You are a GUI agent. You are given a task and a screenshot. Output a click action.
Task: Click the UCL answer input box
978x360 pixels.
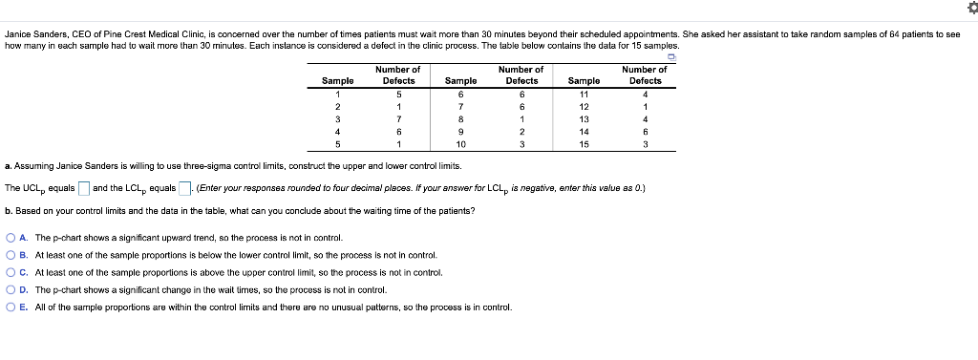click(x=83, y=186)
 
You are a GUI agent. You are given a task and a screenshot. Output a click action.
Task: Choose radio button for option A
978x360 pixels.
click(x=10, y=238)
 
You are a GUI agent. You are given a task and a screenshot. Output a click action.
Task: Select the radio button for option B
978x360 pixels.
click(x=10, y=255)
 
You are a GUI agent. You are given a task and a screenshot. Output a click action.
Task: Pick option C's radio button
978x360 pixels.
click(x=10, y=272)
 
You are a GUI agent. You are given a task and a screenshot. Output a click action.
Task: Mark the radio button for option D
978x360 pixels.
click(x=10, y=289)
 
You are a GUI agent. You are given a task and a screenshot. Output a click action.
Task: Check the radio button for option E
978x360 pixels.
click(x=10, y=307)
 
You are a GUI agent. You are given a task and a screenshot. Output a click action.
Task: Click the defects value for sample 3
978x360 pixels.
click(x=398, y=118)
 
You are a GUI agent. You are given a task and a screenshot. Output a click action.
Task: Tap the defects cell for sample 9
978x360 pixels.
click(x=521, y=131)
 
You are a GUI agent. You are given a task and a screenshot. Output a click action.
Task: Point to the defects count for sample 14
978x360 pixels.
click(x=646, y=131)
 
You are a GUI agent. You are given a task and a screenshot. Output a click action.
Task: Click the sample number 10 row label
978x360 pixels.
click(x=460, y=144)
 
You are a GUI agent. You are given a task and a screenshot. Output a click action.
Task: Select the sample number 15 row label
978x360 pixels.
click(x=584, y=144)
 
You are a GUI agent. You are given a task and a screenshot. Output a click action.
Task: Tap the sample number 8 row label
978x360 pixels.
click(x=460, y=118)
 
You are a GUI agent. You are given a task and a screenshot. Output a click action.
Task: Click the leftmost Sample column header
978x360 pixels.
click(x=337, y=81)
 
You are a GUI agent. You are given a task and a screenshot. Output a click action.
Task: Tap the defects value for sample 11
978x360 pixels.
click(x=646, y=94)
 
